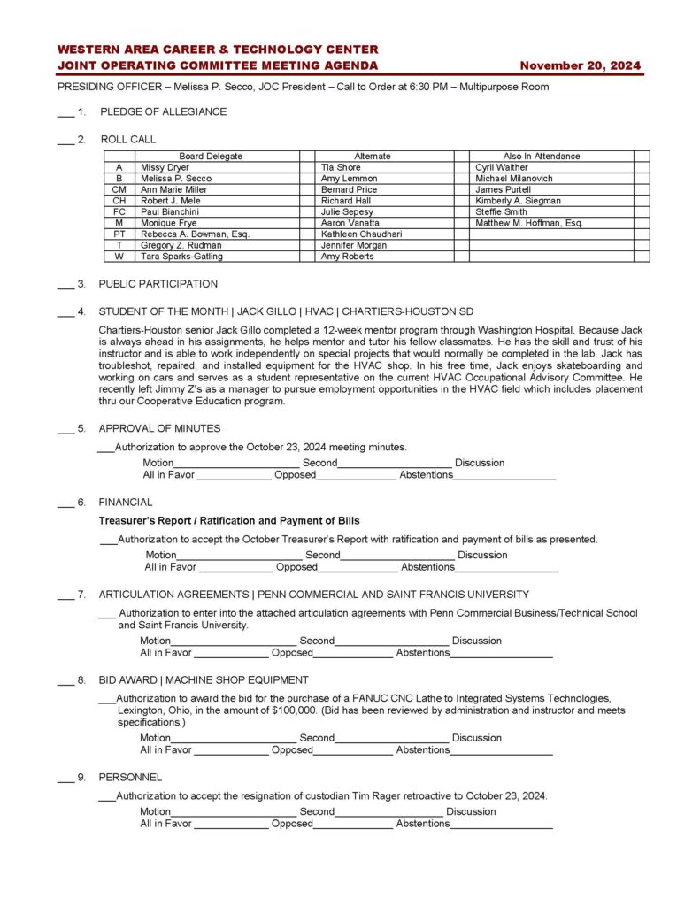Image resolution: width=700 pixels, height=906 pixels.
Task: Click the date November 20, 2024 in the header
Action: click(x=580, y=65)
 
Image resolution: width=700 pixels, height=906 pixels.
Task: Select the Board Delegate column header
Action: click(x=210, y=157)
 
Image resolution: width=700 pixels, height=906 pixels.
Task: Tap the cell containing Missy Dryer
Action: click(x=165, y=167)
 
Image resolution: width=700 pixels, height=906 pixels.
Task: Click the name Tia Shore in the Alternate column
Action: click(x=341, y=167)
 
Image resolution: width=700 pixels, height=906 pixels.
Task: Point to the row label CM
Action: click(x=119, y=189)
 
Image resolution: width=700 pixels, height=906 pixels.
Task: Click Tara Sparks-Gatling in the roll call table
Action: click(x=181, y=257)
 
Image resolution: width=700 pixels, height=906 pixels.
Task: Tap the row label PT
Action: click(x=119, y=234)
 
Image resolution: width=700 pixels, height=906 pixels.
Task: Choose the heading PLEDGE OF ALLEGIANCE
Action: click(x=163, y=112)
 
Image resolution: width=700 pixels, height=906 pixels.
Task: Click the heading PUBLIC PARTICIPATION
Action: click(x=158, y=284)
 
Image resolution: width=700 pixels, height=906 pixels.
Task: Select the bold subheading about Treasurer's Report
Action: click(x=228, y=520)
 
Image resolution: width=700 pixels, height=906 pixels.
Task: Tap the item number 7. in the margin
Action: click(x=81, y=595)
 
